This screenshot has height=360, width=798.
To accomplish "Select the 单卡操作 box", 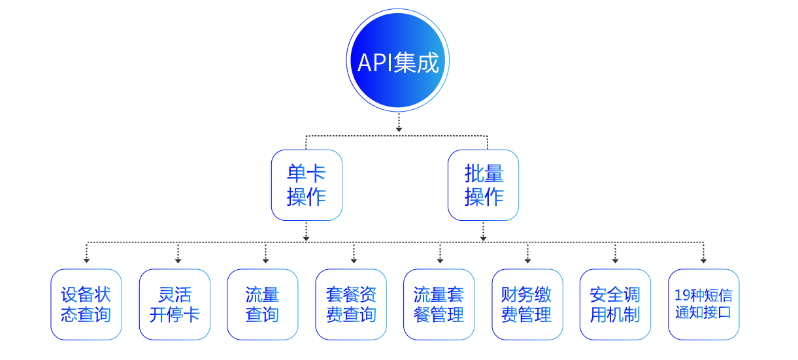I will pos(307,185).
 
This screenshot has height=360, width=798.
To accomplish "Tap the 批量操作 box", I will pos(484,185).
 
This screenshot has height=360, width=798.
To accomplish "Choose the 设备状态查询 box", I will pos(86,304).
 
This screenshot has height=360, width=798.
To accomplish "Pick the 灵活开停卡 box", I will pos(175,304).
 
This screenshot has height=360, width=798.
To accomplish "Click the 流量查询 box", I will pos(263,304).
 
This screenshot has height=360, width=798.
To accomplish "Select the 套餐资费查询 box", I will pos(351,304).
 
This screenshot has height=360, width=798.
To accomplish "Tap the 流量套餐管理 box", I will pos(439,304).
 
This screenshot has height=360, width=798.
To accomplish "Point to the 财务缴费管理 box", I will pos(527,304).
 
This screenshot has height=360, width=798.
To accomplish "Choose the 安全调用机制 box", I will pos(615,304).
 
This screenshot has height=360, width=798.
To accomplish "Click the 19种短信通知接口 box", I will pos(704,304).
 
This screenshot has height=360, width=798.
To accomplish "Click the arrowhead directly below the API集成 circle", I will pos(399,128).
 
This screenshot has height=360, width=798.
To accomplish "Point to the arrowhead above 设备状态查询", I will pos(86,260).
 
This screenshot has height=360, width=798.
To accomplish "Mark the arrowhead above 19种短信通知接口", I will pos(704,260).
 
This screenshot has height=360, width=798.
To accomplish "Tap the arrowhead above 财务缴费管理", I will pos(527,260).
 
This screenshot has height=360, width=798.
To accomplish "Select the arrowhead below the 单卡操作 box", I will pos(307,238).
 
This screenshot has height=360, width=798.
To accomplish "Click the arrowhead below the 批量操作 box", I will pos(483,238).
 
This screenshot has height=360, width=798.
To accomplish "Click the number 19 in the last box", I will pos(680,296).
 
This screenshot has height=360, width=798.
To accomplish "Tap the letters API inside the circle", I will pos(374,63).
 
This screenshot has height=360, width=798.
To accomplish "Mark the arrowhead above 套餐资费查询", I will pos(354,260).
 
